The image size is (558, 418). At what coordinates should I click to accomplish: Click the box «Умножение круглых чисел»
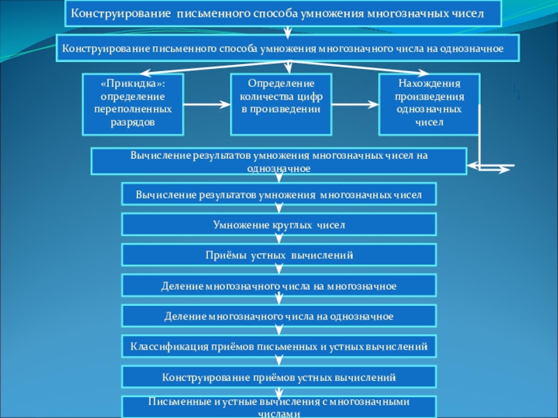(x=279, y=225)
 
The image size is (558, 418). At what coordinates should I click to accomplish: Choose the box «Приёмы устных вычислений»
(x=279, y=256)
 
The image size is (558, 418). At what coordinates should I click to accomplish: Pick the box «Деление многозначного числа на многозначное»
(x=279, y=286)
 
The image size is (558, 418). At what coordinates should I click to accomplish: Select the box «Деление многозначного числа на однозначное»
(x=279, y=316)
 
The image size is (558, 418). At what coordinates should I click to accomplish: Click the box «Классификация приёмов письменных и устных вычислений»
(x=279, y=346)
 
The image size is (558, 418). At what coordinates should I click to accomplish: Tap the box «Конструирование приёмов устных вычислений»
(x=279, y=377)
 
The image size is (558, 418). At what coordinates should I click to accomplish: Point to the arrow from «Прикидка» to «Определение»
(x=206, y=104)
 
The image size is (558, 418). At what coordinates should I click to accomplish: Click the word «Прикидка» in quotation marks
(x=133, y=83)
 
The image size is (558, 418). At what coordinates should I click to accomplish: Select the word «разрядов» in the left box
(x=133, y=122)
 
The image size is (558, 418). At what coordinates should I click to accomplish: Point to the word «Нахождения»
(x=429, y=83)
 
